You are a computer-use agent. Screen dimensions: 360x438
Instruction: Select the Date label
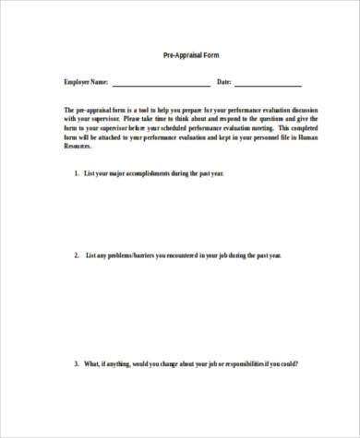coord(222,82)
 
